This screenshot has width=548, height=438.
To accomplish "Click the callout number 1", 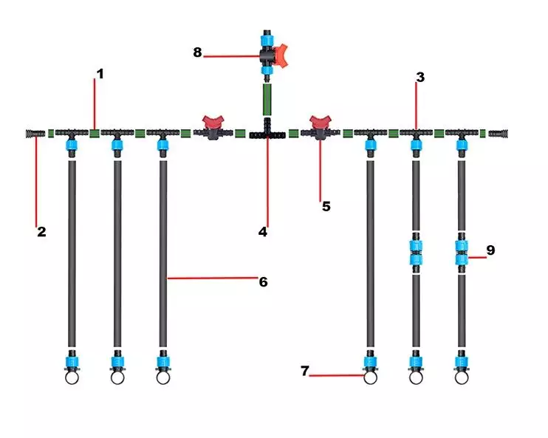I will click(100, 74).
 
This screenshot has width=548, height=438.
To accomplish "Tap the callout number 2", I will click(41, 231).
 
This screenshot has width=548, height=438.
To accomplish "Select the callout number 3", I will click(420, 77).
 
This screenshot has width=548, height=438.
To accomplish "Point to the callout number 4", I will click(262, 231).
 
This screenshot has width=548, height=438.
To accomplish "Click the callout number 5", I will click(326, 206).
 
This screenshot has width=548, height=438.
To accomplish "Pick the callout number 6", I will click(262, 281).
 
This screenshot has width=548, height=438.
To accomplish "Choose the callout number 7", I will click(304, 370).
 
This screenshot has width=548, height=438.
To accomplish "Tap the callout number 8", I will click(197, 52).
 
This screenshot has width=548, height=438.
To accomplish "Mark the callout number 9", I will click(490, 250).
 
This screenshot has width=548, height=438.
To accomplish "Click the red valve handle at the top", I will click(282, 52).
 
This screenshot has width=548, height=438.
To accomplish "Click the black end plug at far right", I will click(500, 134).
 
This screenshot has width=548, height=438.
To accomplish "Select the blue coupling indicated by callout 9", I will click(462, 252).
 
